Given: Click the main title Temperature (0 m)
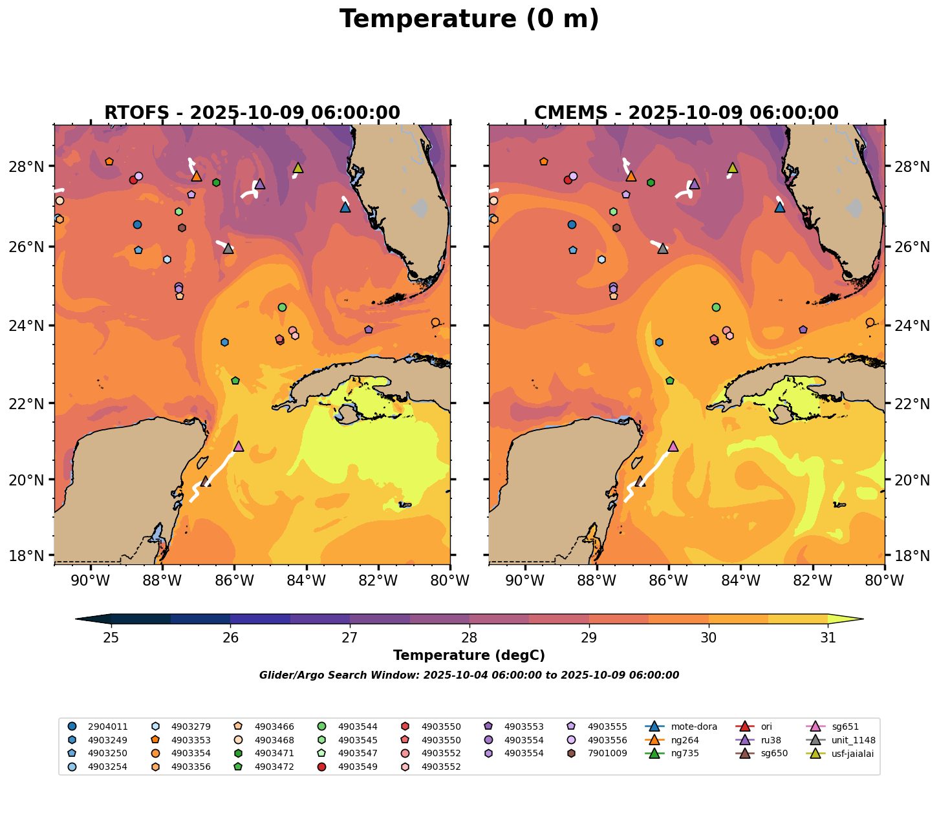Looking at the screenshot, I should (469, 19).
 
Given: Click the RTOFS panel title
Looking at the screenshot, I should (252, 113).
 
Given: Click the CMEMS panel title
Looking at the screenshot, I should (686, 113).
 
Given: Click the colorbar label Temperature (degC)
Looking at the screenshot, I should (469, 655).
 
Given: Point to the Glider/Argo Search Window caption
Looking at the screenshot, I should (469, 675).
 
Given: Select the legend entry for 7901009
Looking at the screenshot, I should (606, 753).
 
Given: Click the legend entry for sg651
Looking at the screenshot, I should (844, 727).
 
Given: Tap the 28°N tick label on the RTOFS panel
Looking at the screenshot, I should (31, 167).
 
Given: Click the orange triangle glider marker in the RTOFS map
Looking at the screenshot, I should (197, 176).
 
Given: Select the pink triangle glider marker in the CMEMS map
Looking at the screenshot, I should (673, 446).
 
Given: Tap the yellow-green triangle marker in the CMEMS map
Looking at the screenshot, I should (732, 167).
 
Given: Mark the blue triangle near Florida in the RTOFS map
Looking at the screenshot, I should (345, 207).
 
